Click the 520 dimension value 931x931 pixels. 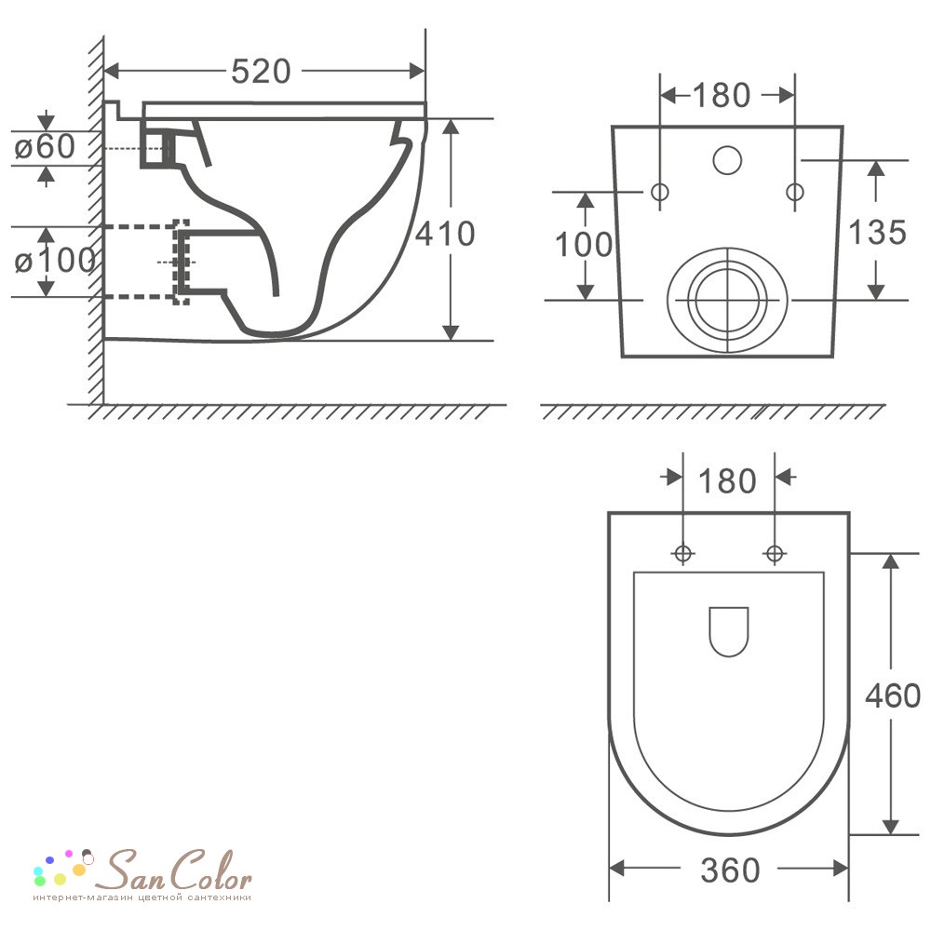click(x=261, y=72)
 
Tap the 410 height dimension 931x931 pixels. click(x=445, y=234)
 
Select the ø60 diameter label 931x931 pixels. click(x=45, y=146)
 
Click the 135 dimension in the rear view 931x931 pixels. click(x=877, y=232)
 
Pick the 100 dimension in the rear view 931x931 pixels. click(x=584, y=245)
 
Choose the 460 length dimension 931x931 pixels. click(x=893, y=695)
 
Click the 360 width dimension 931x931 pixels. click(x=730, y=870)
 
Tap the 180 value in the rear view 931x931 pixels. click(x=722, y=96)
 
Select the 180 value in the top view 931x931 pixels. click(x=727, y=481)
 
